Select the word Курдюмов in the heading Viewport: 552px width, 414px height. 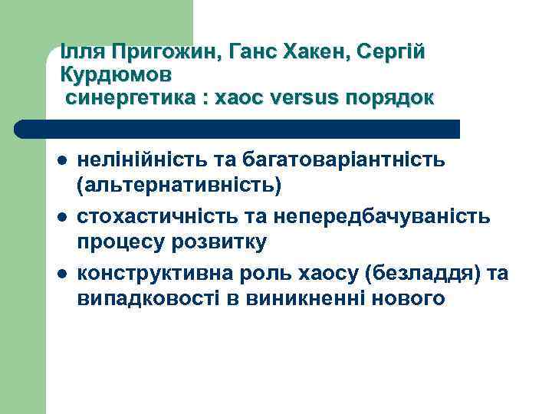(115, 76)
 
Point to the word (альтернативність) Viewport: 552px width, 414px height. (179, 185)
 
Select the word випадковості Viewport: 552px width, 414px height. (148, 298)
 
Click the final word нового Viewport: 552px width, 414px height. (408, 298)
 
